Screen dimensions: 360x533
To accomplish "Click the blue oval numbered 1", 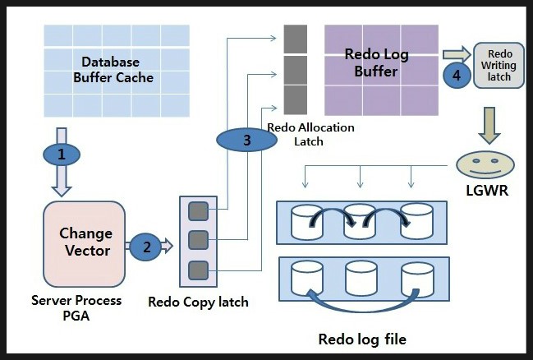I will pyautogui.click(x=62, y=154).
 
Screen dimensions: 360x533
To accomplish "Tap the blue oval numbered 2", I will pyautogui.click(x=146, y=246).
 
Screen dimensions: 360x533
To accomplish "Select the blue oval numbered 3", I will pyautogui.click(x=246, y=140).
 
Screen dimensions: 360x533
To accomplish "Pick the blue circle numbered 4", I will pyautogui.click(x=457, y=74).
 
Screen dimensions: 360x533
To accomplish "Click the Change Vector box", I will pyautogui.click(x=85, y=242).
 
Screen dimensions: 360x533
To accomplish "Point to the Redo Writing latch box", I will pyautogui.click(x=499, y=65).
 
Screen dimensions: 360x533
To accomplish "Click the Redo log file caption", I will pyautogui.click(x=361, y=339).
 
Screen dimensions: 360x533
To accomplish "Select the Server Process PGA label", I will pyautogui.click(x=76, y=307).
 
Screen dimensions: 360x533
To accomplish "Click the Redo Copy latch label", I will pyautogui.click(x=198, y=302).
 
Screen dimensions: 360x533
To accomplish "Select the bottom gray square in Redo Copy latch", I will pyautogui.click(x=198, y=270).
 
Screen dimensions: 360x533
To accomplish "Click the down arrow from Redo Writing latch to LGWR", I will pyautogui.click(x=489, y=122).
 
